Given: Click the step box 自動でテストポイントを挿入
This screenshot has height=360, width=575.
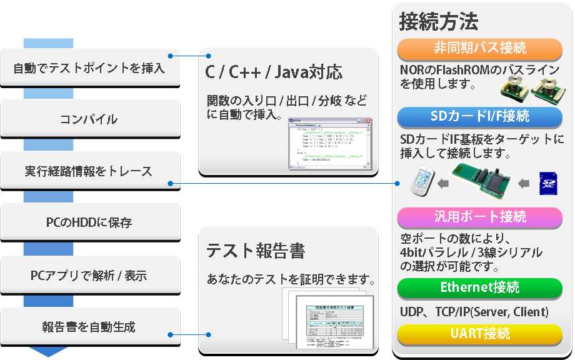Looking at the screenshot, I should coord(89,67).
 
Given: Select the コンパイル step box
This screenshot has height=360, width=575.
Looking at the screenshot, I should coord(89,119).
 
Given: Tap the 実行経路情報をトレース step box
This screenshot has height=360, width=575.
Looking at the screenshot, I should coord(89,171).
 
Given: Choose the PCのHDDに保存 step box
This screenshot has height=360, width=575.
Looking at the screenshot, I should coord(89,222).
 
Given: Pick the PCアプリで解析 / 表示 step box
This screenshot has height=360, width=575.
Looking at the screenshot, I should coord(89,274).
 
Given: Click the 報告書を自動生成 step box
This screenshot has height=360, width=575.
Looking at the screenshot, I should coord(89,326).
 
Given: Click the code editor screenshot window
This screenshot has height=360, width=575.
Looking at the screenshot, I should coord(329,143).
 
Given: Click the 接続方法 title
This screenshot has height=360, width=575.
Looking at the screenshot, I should coord(439,22).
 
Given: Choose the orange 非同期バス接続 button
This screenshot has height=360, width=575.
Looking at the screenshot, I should coord(480,48).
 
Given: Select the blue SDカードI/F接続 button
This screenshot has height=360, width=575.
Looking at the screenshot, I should coord(480,116).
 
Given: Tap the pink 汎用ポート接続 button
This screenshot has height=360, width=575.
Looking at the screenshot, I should coord(480,217).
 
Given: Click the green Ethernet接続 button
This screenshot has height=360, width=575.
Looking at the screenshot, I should coord(480,288).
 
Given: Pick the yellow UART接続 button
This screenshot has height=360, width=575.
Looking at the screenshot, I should coord(480,334).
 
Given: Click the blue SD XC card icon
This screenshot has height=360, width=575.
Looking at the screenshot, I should coord(548,183).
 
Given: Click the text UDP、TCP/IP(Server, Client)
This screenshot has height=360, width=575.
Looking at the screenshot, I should coord(474,311).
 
